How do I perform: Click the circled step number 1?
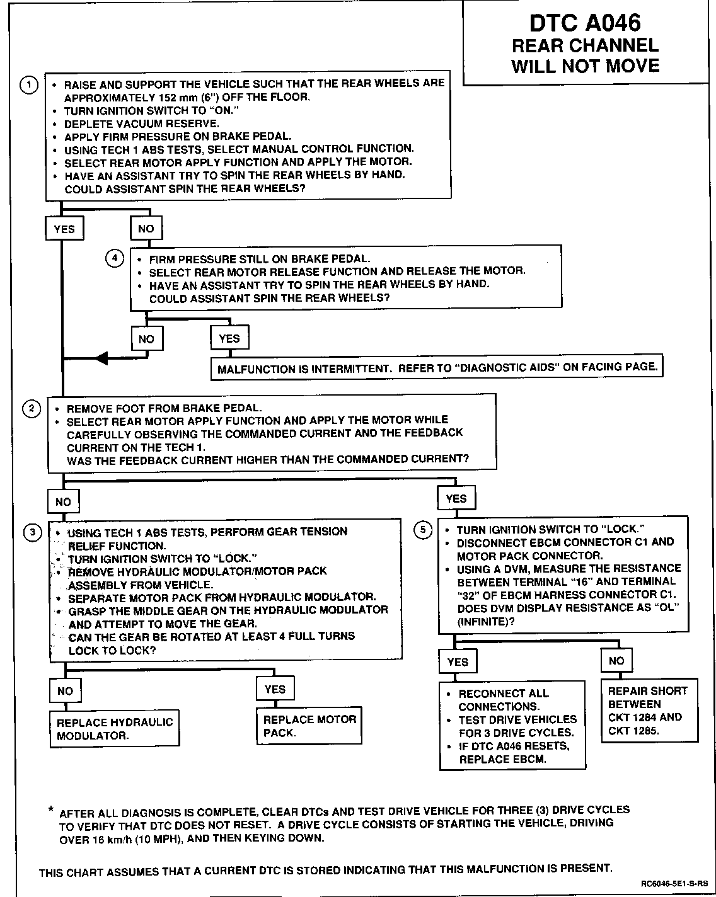pos(30,86)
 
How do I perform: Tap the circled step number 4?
pos(114,258)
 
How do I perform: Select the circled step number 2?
pos(32,408)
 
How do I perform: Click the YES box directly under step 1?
pos(64,229)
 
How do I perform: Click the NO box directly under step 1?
pos(146,228)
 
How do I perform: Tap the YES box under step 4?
pos(229,338)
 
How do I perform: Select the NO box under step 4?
pos(146,339)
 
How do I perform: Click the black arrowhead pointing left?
pos(101,359)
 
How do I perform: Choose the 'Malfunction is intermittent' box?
pos(437,368)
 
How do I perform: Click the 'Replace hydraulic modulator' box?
pos(114,729)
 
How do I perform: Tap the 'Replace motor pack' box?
pos(309,726)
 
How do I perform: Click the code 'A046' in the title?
pos(613,23)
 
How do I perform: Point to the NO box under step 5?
pos(616,661)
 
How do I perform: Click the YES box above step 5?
pos(456,499)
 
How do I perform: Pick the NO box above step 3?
pos(63,502)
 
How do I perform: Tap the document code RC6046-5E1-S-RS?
pos(675,883)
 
